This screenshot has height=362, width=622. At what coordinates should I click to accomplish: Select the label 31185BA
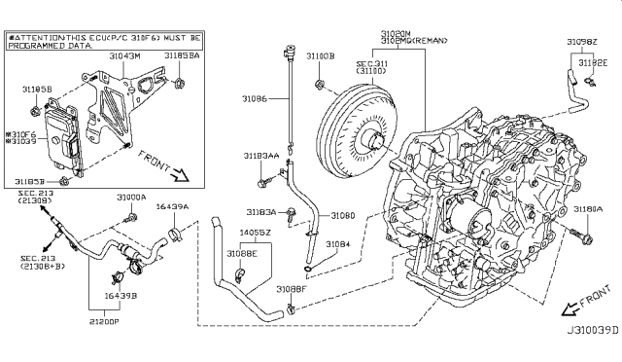[182, 57]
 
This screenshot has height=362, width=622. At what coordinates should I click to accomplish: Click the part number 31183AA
[261, 156]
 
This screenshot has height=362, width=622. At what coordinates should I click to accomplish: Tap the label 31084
[337, 244]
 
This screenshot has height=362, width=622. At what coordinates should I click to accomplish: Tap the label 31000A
[131, 197]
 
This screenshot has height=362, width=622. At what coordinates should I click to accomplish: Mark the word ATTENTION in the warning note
[44, 36]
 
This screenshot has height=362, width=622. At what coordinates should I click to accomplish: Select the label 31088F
[291, 289]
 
